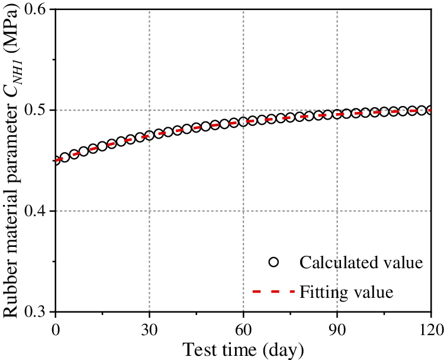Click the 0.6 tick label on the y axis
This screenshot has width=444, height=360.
pos(40,10)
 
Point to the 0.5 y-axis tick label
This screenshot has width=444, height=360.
pos(40,111)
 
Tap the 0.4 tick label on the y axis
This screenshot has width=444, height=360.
pos(40,211)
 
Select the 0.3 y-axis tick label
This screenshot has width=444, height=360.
pos(40,312)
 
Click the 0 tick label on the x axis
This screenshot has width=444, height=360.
pos(55,327)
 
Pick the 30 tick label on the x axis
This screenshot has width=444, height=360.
pos(149,327)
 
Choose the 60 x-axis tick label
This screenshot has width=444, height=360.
pos(243,327)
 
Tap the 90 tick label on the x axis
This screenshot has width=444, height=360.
pos(337,327)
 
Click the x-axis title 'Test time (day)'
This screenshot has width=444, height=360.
pos(243,349)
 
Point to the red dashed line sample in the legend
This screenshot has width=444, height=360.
pos(272,291)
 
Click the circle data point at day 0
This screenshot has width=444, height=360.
pos(56,160)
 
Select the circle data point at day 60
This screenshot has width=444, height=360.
pos(243,122)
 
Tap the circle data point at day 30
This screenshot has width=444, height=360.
pos(149,136)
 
